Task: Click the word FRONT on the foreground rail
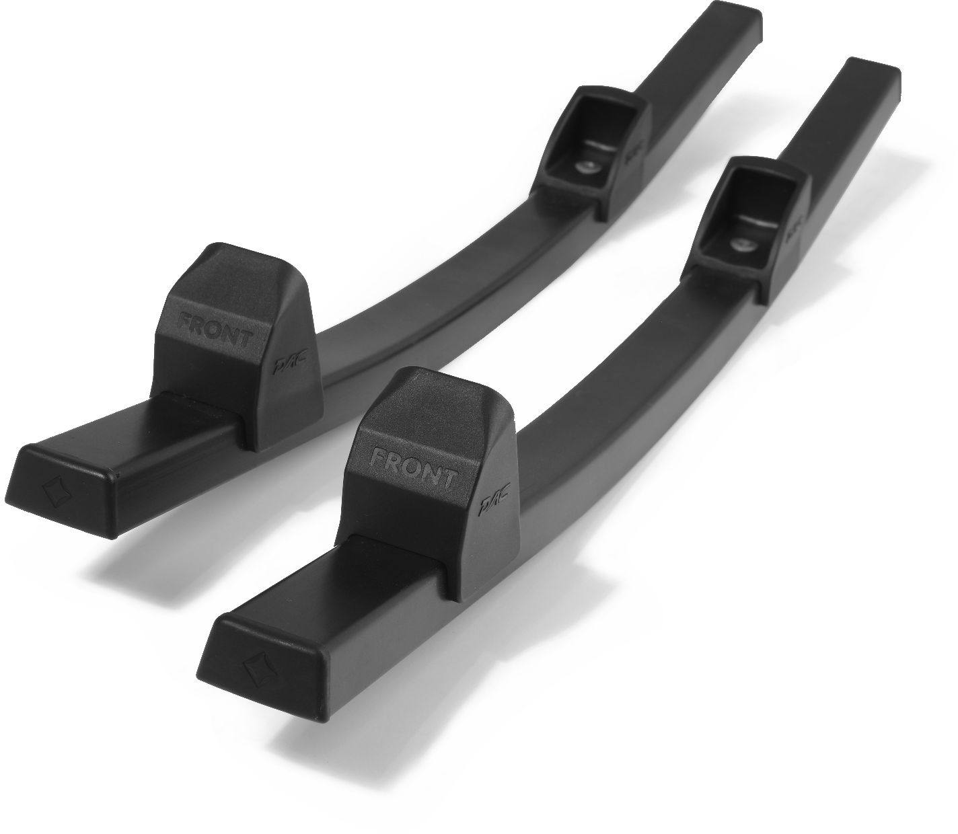413,467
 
